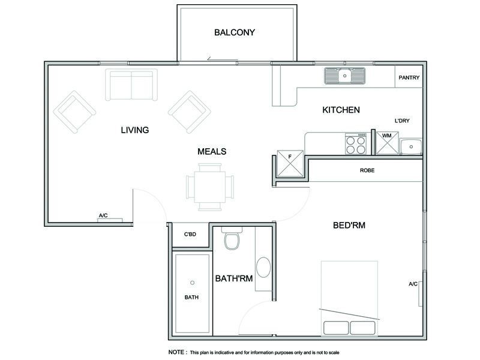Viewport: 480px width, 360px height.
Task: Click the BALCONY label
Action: click(235, 32)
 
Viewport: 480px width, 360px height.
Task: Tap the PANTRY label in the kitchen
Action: click(409, 77)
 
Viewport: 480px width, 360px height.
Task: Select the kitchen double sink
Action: click(345, 76)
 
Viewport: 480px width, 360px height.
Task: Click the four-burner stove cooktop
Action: click(355, 143)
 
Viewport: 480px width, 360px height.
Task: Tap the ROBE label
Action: click(367, 170)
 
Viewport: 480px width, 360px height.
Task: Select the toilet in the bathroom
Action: click(230, 241)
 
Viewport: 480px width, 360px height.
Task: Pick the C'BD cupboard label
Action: click(190, 235)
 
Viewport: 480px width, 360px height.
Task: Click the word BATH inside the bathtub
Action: click(191, 297)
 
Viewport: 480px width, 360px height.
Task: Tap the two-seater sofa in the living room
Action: click(131, 85)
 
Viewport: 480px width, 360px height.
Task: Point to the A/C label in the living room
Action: click(103, 215)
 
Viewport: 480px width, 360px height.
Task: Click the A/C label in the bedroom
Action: click(413, 284)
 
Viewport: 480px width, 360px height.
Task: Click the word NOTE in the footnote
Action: click(176, 352)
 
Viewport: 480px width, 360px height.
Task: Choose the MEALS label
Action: click(212, 151)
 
